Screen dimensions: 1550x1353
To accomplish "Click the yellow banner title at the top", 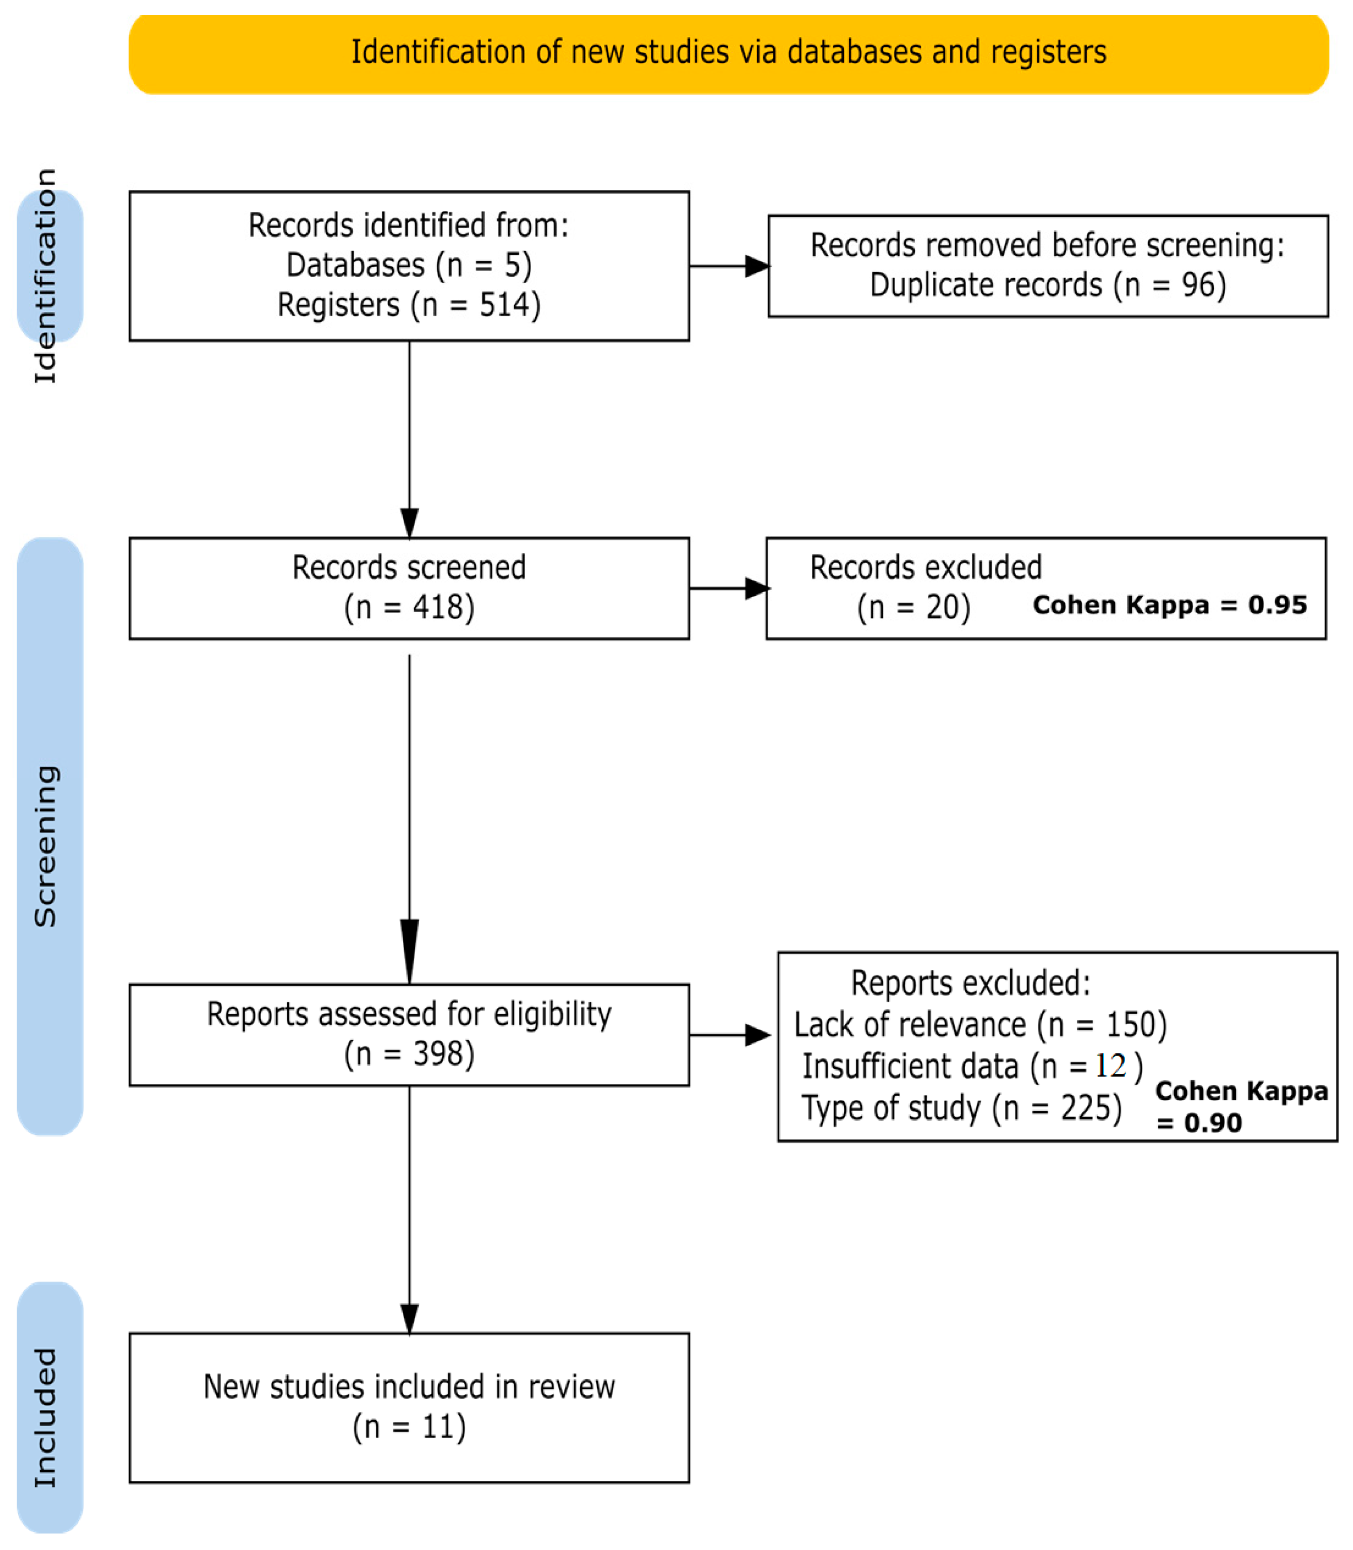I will click(x=729, y=52).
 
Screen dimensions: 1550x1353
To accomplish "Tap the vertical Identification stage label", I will click(x=46, y=276).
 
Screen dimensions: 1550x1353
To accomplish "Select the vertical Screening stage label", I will click(x=46, y=846).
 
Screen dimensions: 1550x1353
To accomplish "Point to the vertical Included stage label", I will click(x=46, y=1417).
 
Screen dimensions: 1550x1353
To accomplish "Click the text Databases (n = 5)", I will click(x=409, y=265).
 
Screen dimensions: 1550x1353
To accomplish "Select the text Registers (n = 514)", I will click(x=409, y=305).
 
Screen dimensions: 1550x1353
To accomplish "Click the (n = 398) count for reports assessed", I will click(x=409, y=1054).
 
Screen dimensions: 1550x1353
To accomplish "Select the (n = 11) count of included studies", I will click(x=409, y=1427).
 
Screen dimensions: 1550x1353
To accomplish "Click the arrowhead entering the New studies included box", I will click(x=409, y=1319).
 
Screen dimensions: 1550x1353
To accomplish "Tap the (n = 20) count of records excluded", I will click(x=913, y=607).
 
